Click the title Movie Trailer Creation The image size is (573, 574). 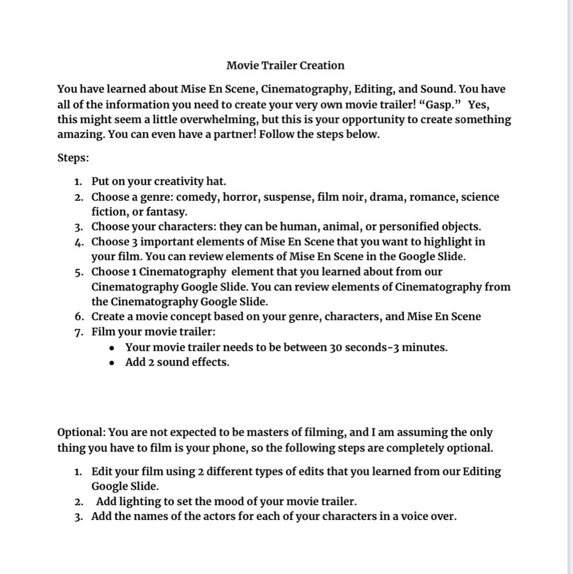click(x=285, y=66)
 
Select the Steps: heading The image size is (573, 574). click(x=73, y=158)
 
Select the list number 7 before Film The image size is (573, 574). click(x=79, y=332)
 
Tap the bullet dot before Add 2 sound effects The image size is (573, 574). click(x=112, y=363)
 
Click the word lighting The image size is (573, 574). click(x=140, y=502)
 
